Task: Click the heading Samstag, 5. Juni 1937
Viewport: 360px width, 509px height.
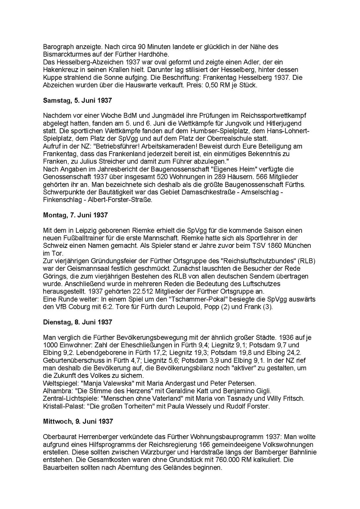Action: tap(77, 101)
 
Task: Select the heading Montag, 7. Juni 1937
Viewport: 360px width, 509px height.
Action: tap(75, 215)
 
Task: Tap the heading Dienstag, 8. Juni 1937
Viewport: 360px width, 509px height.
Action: tap(77, 322)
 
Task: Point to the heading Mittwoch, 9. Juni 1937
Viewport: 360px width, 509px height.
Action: tap(78, 421)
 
